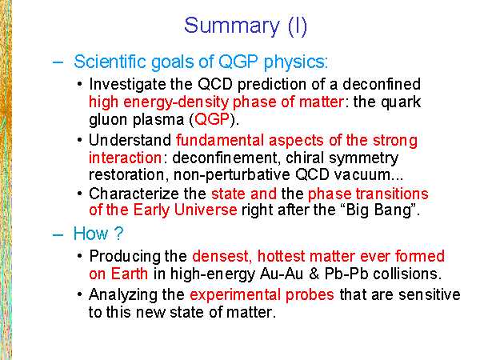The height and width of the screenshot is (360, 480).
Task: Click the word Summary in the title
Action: point(232,26)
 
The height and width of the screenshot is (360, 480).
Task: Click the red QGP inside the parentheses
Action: point(212,119)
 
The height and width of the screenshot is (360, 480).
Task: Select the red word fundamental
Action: point(220,141)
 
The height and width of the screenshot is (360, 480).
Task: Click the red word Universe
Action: point(206,210)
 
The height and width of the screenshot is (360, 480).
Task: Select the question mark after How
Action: point(118,234)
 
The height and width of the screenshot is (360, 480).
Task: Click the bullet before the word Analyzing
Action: point(80,294)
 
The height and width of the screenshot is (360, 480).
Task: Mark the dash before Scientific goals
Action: point(58,62)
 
